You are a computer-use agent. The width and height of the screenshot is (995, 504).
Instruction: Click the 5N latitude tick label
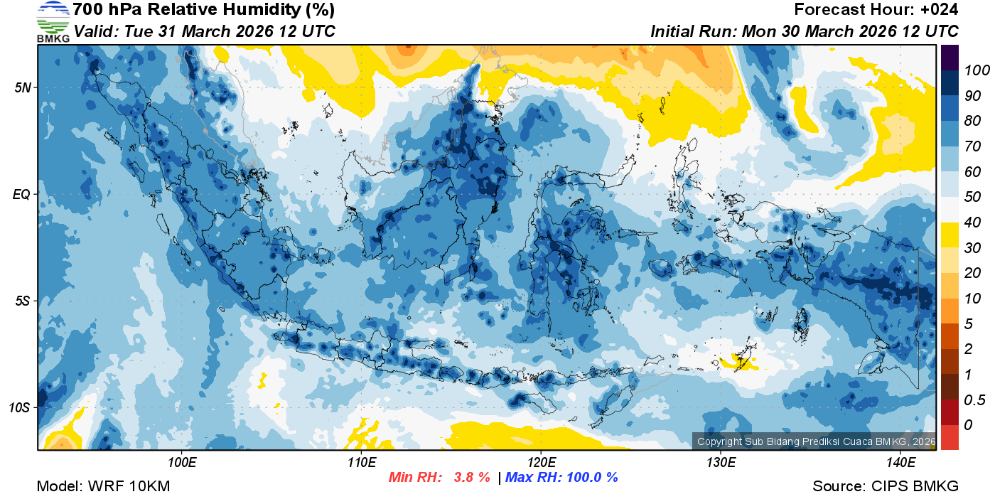click(x=21, y=87)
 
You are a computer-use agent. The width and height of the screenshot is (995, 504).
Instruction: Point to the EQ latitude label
click(x=21, y=194)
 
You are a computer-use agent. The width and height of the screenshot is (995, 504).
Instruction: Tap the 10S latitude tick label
click(x=19, y=408)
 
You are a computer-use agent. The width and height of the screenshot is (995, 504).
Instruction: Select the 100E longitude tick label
click(x=182, y=463)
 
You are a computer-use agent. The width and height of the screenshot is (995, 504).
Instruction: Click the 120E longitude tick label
click(x=541, y=463)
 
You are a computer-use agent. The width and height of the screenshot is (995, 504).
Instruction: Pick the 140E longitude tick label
click(x=900, y=463)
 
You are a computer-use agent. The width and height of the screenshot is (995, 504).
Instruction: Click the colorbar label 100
click(x=972, y=70)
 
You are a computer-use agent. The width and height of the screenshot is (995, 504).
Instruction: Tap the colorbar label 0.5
click(x=972, y=400)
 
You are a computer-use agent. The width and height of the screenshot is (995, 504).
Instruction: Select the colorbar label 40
click(x=967, y=222)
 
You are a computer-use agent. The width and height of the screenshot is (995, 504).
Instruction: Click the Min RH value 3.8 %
click(x=471, y=478)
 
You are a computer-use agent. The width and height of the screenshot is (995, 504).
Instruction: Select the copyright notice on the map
click(x=816, y=441)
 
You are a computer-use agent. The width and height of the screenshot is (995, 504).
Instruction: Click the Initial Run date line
click(x=805, y=31)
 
